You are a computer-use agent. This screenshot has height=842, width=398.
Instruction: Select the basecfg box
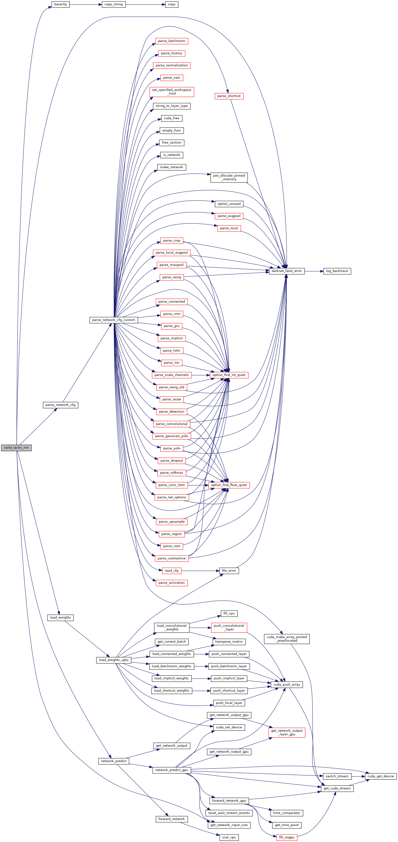click(61, 5)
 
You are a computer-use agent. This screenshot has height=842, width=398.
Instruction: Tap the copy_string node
click(114, 5)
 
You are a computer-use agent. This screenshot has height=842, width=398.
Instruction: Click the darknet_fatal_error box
click(287, 271)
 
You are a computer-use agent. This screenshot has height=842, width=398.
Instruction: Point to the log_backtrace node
click(337, 271)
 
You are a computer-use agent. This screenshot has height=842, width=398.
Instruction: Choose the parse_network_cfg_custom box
click(114, 320)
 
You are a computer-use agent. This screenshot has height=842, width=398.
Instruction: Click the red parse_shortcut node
click(229, 96)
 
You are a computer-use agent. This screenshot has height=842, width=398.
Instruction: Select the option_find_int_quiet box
click(229, 375)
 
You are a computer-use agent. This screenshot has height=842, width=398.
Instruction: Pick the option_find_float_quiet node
click(229, 485)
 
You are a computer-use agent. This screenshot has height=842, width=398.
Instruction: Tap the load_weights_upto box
click(114, 660)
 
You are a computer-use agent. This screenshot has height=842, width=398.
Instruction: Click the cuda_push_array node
click(287, 684)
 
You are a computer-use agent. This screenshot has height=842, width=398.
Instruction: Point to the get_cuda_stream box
click(337, 788)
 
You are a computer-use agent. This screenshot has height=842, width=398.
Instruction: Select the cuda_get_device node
click(381, 776)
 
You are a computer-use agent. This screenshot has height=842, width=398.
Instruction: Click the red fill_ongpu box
click(287, 837)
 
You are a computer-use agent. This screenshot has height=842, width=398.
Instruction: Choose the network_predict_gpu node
click(171, 770)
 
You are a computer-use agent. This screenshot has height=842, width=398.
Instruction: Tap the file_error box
click(229, 571)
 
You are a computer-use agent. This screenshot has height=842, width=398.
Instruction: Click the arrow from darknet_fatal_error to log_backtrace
click(314, 271)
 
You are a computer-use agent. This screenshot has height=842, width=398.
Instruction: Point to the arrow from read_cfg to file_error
click(200, 571)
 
